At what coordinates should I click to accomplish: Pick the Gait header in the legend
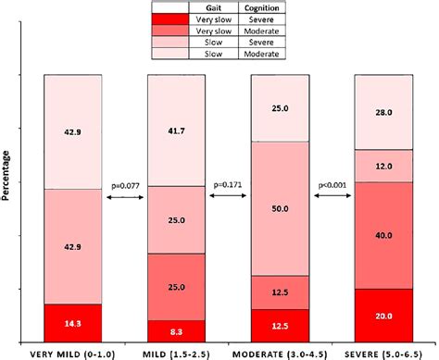pos(221,6)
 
